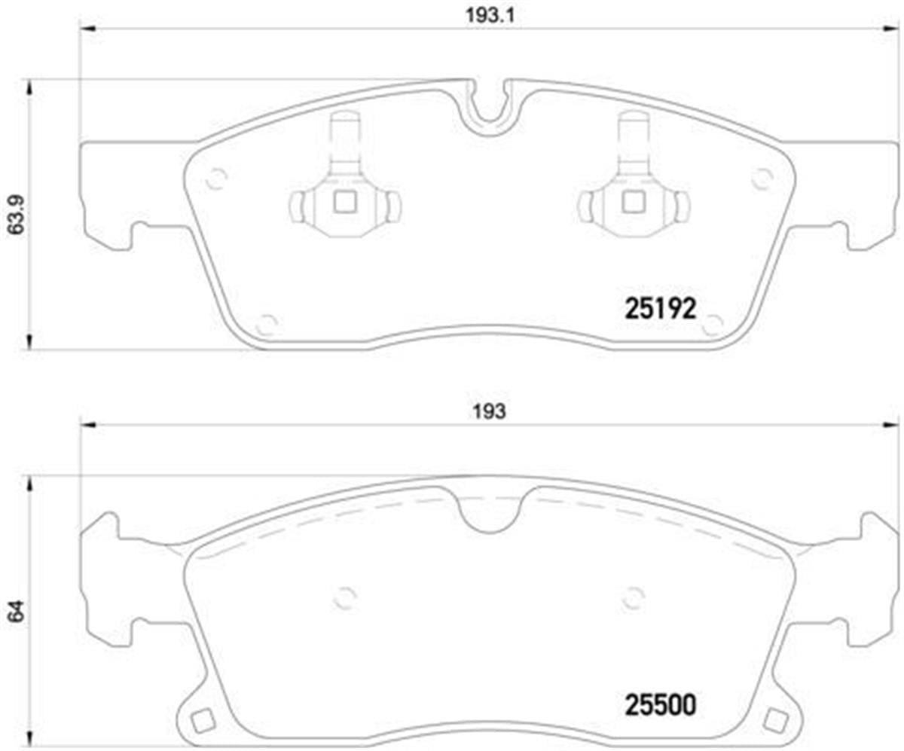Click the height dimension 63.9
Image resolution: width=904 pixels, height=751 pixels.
click(15, 215)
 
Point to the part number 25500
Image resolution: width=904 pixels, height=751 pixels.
click(660, 705)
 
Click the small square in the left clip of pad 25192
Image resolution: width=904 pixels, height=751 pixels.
click(345, 202)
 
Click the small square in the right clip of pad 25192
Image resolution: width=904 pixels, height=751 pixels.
click(631, 202)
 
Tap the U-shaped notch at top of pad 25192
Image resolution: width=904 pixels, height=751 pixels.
click(488, 105)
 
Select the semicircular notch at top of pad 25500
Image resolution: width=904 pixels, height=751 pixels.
click(488, 512)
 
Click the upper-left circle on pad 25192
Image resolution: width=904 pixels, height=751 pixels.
click(217, 179)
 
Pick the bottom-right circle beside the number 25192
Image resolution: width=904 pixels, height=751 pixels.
click(712, 325)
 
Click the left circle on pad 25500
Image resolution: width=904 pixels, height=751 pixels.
click(344, 597)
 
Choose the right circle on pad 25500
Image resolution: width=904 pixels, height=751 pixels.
click(634, 597)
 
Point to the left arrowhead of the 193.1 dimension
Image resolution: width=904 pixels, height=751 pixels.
click(87, 29)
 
